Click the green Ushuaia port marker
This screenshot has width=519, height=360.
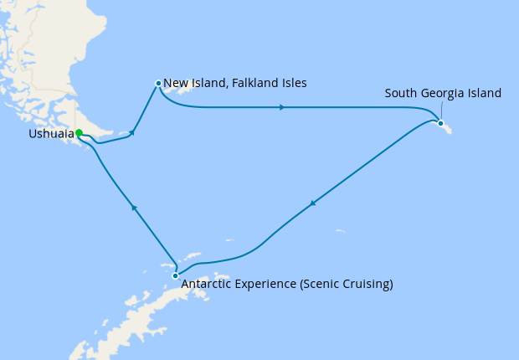tap(78, 133)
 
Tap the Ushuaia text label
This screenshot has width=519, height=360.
tap(49, 134)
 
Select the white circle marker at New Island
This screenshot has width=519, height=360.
tap(158, 83)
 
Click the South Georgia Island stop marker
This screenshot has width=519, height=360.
tap(440, 123)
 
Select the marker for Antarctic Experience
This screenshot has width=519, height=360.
tap(175, 275)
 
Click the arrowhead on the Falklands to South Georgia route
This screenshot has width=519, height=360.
tap(282, 107)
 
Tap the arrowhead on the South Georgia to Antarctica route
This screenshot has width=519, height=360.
tap(313, 203)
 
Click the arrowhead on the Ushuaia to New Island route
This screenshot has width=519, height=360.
tap(132, 132)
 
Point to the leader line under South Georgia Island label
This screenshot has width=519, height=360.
tap(442, 111)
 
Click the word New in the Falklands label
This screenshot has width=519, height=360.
tap(174, 83)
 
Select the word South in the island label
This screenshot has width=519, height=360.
tap(401, 93)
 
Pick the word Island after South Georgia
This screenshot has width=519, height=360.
tap(485, 93)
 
